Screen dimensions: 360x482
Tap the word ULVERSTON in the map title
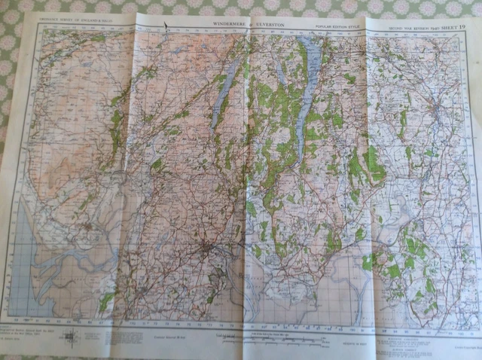[268, 25]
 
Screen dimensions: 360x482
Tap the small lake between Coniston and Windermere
[280, 75]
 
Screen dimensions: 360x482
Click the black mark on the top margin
[166, 26]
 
